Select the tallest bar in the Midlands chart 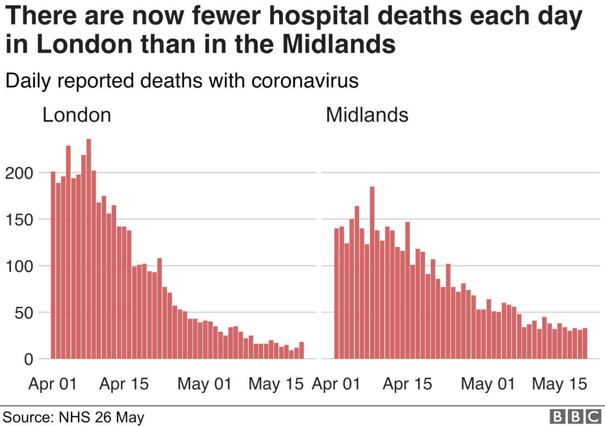point(372,272)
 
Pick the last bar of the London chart point(301,350)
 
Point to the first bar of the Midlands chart point(337,293)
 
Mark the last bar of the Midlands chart point(585,343)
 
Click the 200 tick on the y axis point(20,173)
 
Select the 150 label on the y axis point(20,220)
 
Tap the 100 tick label point(20,266)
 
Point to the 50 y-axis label point(24,313)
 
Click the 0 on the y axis point(29,359)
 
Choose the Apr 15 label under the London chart point(124,384)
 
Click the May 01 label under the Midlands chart point(488,384)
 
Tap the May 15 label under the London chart point(275,384)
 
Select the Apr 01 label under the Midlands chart point(336,384)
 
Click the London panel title point(77,115)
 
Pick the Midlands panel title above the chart point(367,115)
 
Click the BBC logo point(575,416)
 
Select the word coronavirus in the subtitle point(305,81)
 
